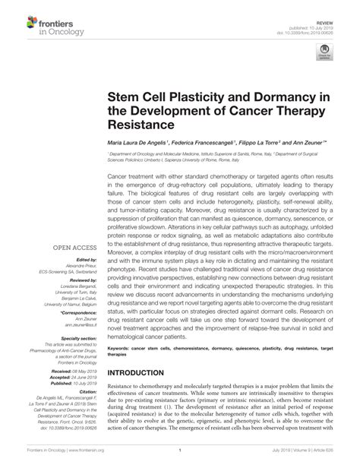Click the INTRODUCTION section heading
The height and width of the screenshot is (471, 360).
[x=145, y=373]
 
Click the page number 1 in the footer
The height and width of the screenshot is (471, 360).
[x=179, y=460]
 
